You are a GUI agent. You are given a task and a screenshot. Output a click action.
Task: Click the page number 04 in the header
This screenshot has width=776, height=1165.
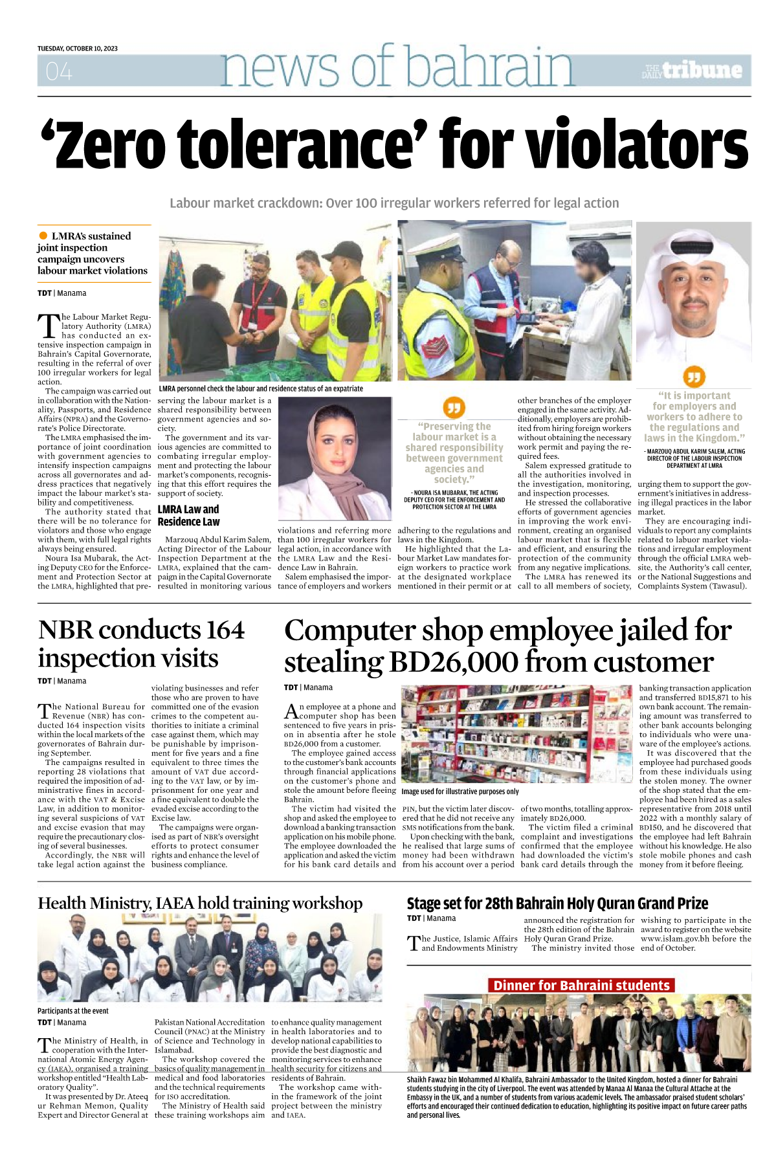pyautogui.click(x=59, y=71)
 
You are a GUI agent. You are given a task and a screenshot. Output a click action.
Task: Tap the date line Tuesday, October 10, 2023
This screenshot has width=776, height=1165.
pyautogui.click(x=78, y=49)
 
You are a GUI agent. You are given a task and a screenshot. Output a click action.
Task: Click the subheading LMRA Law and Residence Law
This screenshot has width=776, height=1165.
pyautogui.click(x=188, y=515)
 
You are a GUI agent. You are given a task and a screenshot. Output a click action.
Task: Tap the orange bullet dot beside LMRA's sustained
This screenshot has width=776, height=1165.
pyautogui.click(x=43, y=236)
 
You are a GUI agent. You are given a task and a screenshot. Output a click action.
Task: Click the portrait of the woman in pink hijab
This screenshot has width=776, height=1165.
pyautogui.click(x=335, y=458)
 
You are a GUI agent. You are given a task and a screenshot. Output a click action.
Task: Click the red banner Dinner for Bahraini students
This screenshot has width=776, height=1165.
pyautogui.click(x=581, y=985)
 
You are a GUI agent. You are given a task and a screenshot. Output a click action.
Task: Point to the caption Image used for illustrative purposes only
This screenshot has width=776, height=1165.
pyautogui.click(x=460, y=792)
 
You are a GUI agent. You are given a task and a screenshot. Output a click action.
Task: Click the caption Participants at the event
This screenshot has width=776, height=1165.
pyautogui.click(x=73, y=1010)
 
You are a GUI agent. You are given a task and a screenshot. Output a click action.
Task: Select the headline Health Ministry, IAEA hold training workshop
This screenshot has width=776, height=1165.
pyautogui.click(x=200, y=903)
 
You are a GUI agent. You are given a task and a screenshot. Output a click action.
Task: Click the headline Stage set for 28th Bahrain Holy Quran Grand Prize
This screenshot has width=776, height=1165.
pyautogui.click(x=557, y=904)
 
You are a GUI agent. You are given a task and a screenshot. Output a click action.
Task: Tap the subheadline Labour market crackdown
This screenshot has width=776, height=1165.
pyautogui.click(x=394, y=203)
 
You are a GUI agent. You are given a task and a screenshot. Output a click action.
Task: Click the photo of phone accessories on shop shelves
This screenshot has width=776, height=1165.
pyautogui.click(x=516, y=733)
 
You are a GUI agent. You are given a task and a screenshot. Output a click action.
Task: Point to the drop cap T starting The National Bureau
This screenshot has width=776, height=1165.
pyautogui.click(x=44, y=711)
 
